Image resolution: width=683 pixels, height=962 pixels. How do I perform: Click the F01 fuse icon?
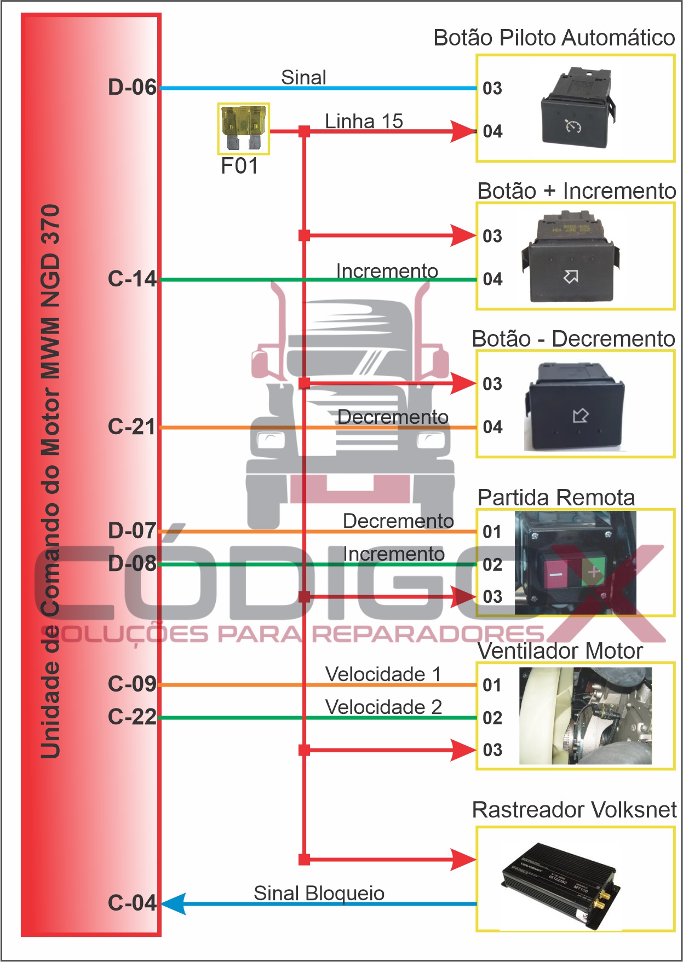(x=243, y=129)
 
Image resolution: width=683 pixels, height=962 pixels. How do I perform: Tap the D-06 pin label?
(x=132, y=88)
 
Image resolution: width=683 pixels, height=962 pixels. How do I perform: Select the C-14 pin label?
(x=132, y=279)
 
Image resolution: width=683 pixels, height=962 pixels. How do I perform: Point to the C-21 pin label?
(x=132, y=427)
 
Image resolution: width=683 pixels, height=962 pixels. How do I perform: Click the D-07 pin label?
(x=132, y=531)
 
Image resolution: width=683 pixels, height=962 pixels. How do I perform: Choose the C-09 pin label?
(x=132, y=684)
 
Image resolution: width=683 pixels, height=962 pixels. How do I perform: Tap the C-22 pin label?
(x=132, y=717)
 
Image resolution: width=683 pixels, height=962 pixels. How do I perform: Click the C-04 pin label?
(x=132, y=903)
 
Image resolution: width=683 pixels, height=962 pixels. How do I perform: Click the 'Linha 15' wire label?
(x=364, y=121)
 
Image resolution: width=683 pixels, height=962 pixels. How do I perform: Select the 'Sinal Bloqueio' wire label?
(x=319, y=893)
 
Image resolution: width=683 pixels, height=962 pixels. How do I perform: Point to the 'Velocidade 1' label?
(x=383, y=674)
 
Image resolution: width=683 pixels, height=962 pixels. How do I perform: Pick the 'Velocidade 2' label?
(x=383, y=707)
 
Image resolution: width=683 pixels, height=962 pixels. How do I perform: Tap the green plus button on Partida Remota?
(x=594, y=572)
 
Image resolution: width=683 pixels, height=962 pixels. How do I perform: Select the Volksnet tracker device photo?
(x=562, y=882)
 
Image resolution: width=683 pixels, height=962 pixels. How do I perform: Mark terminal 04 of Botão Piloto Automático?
(x=492, y=131)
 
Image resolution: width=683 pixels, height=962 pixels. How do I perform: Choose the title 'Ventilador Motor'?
(x=560, y=651)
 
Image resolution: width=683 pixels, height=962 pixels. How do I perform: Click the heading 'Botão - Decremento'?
(x=573, y=339)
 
